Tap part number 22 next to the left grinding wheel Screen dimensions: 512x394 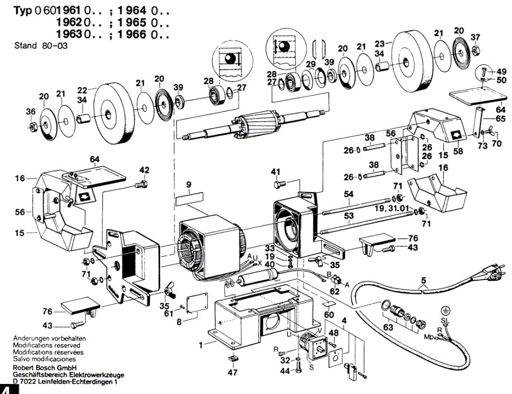82,90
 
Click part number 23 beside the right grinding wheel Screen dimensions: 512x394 379,44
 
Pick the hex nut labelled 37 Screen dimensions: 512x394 476,50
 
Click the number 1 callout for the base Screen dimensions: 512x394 201,345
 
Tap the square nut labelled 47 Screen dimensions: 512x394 232,358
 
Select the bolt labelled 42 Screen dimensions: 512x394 142,184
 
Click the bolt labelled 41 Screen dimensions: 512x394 280,184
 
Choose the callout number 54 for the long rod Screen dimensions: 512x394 349,194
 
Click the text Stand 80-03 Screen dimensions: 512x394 41,45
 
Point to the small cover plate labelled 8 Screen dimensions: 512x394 197,303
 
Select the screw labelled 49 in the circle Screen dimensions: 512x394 484,71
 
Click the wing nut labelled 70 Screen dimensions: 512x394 490,131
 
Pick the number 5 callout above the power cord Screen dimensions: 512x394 424,280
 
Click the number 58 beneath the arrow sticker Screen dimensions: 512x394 458,151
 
